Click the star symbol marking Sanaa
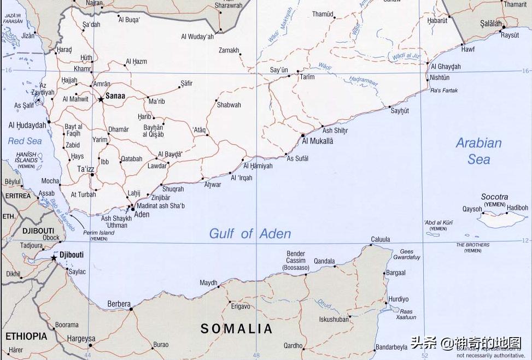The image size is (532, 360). click(x=101, y=99)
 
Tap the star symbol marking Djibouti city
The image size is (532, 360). click(x=54, y=258)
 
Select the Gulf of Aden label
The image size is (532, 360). click(x=250, y=234)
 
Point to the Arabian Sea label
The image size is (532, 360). click(x=478, y=151)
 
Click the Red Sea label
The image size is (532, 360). click(x=25, y=141)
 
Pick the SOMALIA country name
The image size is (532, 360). click(x=236, y=328)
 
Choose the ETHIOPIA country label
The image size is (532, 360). click(x=26, y=336)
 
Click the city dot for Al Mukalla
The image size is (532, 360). click(x=303, y=134)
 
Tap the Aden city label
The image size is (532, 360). click(x=142, y=215)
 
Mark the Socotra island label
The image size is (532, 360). click(x=494, y=197)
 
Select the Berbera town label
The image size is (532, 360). click(x=119, y=304)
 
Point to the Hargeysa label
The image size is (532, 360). click(x=81, y=339)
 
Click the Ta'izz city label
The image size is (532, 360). click(x=86, y=169)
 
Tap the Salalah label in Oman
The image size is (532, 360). click(x=490, y=23)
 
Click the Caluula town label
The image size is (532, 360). click(x=381, y=239)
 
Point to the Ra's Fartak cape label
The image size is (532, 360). click(x=444, y=91)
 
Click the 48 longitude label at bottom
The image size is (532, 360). click(x=256, y=355)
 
